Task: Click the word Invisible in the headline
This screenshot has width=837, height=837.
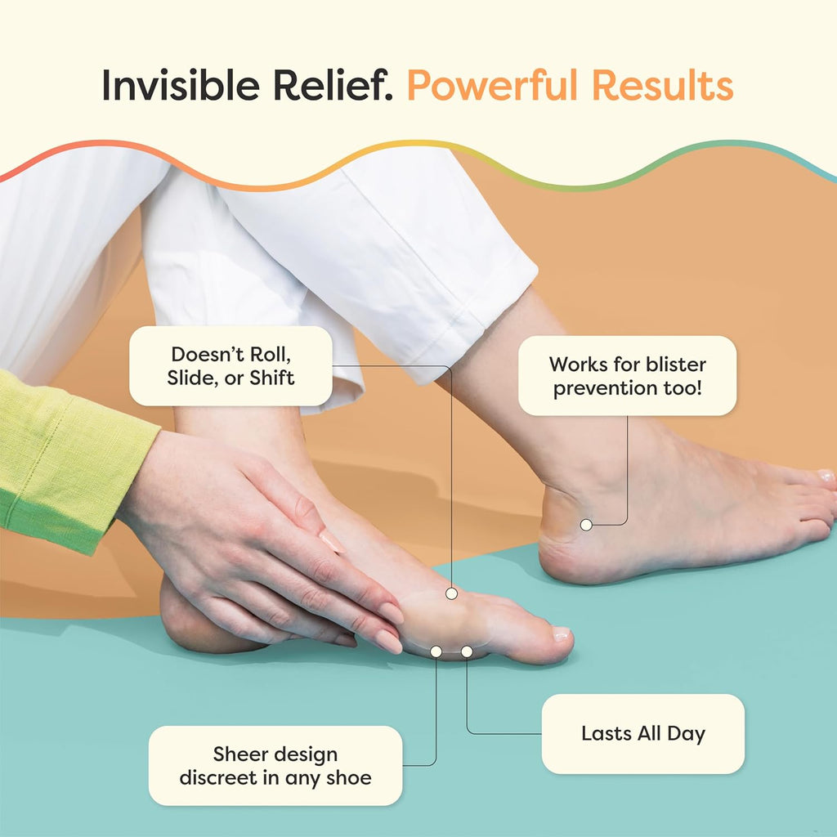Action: pos(181,84)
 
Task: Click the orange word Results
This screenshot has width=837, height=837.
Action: pos(662,84)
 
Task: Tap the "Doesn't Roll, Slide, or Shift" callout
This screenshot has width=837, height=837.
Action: pos(231,366)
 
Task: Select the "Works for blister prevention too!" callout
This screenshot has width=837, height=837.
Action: pos(627,376)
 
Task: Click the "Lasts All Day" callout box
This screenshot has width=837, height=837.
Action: pos(642,733)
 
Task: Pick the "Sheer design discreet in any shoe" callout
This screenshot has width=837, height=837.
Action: pos(275,765)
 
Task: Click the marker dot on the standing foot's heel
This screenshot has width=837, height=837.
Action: pos(586,525)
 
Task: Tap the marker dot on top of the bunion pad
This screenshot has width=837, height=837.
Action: pos(451,593)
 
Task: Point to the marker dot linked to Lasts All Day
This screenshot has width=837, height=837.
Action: pos(467,651)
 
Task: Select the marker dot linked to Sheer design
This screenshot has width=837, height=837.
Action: pos(436,651)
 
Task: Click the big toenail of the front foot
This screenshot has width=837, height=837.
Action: pos(561,634)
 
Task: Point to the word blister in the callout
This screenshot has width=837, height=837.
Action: pos(676,364)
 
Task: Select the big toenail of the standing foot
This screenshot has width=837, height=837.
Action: pos(826,476)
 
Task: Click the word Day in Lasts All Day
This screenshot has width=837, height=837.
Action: pos(686,735)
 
